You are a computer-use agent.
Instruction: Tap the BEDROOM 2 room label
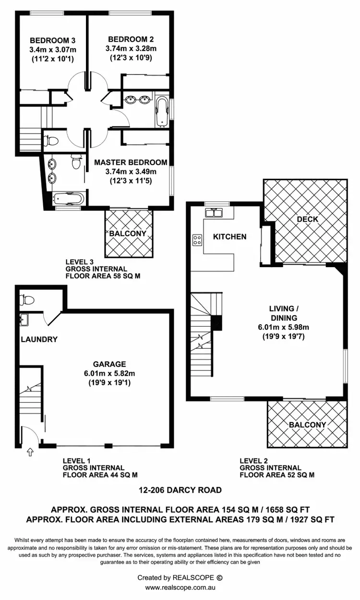click(x=131, y=39)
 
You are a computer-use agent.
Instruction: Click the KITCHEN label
click(x=230, y=236)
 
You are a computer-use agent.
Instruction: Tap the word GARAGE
click(x=110, y=364)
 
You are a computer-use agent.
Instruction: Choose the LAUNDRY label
click(x=39, y=339)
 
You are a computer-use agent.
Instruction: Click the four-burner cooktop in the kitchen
click(x=197, y=239)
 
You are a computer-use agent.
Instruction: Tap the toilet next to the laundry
click(x=28, y=300)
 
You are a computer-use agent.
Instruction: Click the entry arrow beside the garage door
click(x=30, y=452)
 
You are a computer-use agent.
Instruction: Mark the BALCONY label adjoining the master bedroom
click(x=128, y=233)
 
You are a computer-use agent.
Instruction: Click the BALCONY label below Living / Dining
click(x=307, y=425)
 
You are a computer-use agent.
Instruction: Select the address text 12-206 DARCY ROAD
click(x=180, y=490)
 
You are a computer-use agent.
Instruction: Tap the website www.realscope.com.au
click(x=180, y=587)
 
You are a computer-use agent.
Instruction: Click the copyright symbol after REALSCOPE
click(x=220, y=577)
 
